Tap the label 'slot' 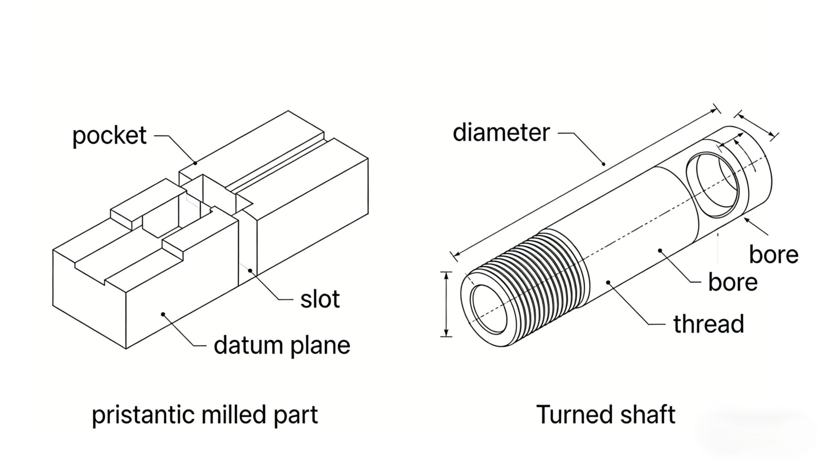pyautogui.click(x=320, y=299)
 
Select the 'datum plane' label pyautogui.click(x=282, y=345)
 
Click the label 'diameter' pyautogui.click(x=501, y=132)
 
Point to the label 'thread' pyautogui.click(x=709, y=324)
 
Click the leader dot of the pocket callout pyautogui.click(x=195, y=163)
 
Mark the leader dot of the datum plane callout pyautogui.click(x=163, y=314)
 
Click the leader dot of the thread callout pyautogui.click(x=608, y=282)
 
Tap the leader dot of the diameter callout pyautogui.click(x=604, y=163)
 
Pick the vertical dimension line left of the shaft pyautogui.click(x=446, y=304)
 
